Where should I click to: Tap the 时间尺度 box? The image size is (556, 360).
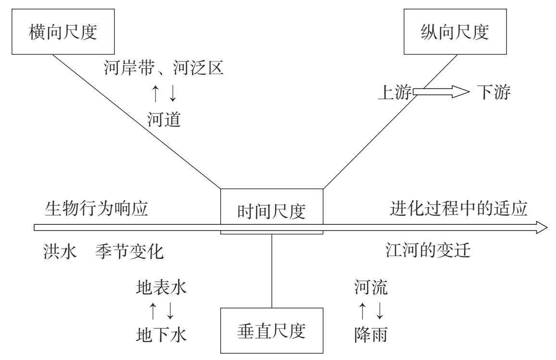click(272, 211)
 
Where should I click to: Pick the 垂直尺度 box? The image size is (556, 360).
click(272, 331)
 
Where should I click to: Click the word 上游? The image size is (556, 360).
click(394, 92)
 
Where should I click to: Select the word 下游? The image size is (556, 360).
click(493, 92)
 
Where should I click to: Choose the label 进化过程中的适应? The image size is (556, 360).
click(459, 209)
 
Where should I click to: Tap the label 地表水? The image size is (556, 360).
click(161, 288)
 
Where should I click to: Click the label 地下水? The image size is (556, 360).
click(161, 334)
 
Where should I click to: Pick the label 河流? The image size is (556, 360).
click(370, 288)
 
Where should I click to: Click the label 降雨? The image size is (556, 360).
click(370, 334)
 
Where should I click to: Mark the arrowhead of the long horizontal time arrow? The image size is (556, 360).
click(543, 228)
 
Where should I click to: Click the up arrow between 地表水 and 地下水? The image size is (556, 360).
click(152, 311)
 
